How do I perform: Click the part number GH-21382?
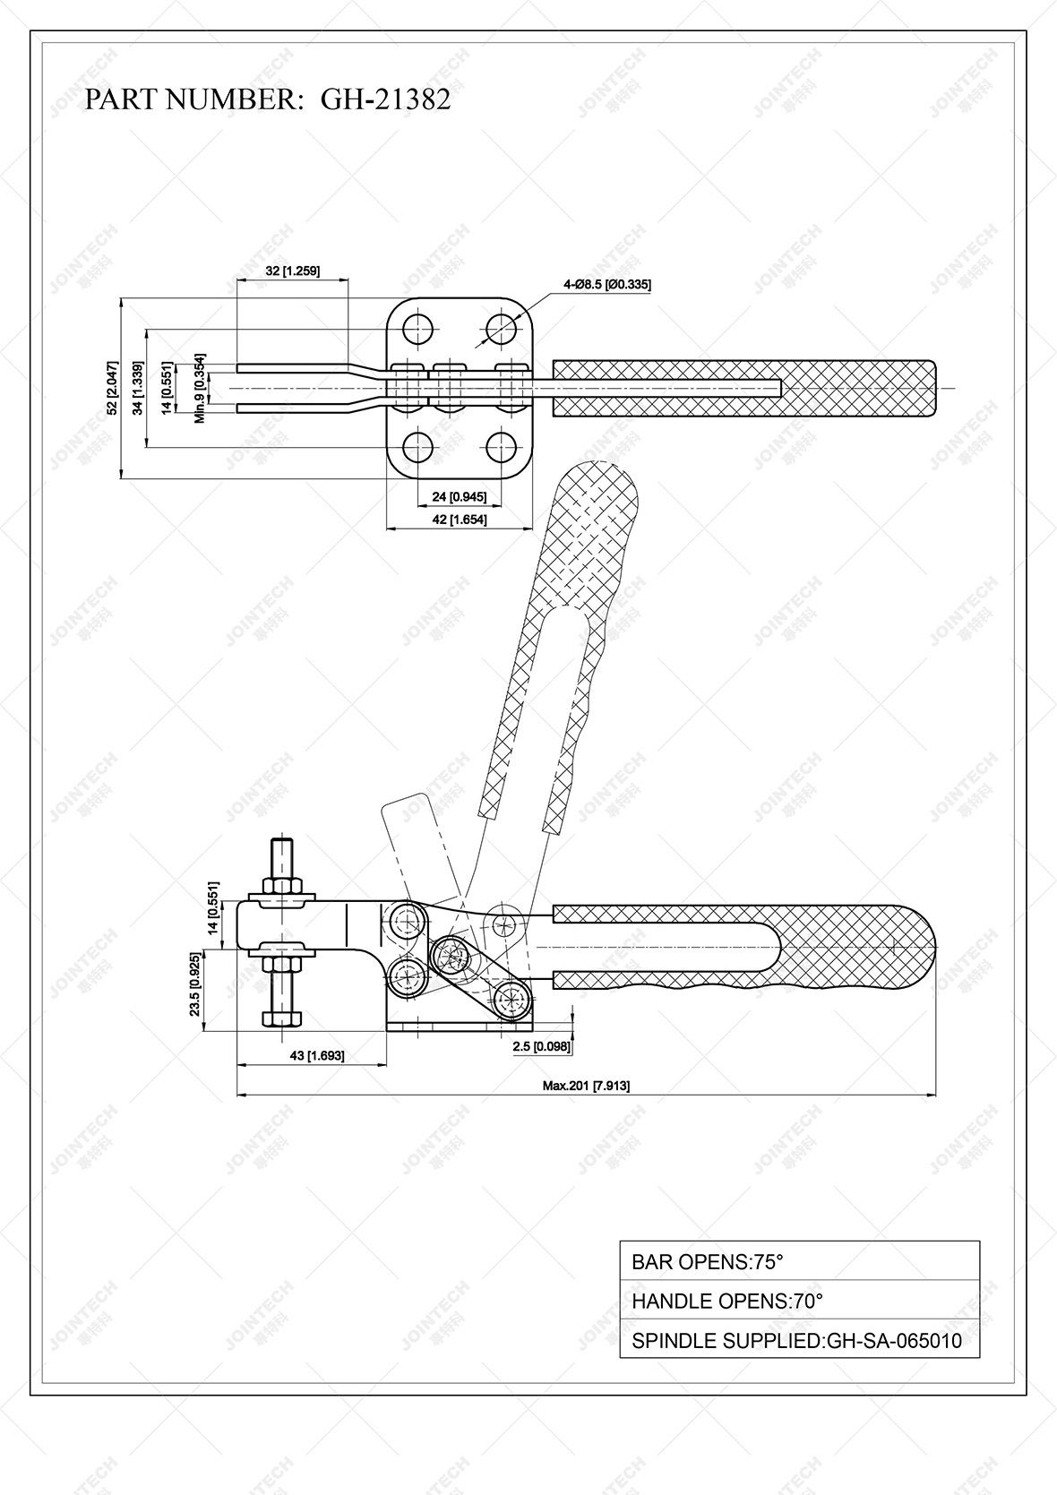385,99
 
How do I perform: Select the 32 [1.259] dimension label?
293,271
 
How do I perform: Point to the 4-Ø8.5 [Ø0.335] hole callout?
606,285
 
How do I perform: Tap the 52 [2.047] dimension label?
112,387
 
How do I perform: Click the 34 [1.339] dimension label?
137,387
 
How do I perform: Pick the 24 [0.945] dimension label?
460,496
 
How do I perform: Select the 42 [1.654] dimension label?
460,519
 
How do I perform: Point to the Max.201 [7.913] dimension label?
586,1086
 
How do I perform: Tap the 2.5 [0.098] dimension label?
542,1046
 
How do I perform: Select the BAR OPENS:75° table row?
799,1262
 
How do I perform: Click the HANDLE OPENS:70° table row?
799,1301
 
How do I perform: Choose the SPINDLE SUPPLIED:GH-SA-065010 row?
799,1341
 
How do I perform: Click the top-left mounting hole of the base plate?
417,329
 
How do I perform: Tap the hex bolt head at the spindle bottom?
282,1018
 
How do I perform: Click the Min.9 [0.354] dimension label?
202,388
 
